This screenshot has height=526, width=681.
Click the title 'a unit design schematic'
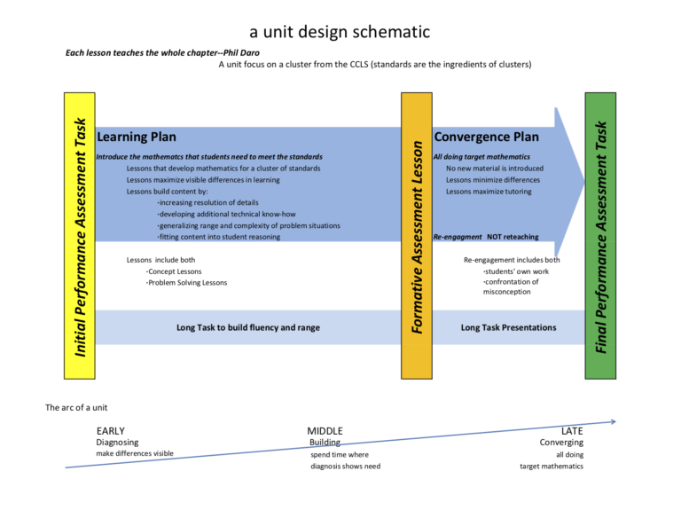click(340, 32)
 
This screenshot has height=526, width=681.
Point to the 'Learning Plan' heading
click(137, 137)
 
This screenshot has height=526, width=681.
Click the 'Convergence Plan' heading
click(485, 137)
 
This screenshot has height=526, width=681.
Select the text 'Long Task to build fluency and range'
click(247, 327)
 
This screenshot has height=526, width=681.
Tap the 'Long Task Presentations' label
click(508, 327)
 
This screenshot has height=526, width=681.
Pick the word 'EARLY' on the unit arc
click(111, 431)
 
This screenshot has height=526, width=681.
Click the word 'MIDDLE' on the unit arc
click(325, 431)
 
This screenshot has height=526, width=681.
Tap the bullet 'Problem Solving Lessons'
click(187, 282)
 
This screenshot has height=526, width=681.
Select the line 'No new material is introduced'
click(494, 168)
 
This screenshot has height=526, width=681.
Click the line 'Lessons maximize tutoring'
click(489, 191)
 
